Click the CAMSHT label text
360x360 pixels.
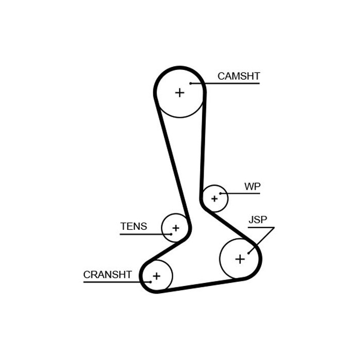coord(239,76)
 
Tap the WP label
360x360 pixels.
coord(253,186)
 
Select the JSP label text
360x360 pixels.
coord(258,220)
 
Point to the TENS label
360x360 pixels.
coord(133,226)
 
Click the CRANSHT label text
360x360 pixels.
coord(107,275)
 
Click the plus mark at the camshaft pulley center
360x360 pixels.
coord(179,93)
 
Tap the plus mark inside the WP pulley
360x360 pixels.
coord(214,199)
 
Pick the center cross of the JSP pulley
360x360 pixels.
coord(240,259)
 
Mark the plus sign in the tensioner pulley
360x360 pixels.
coord(176,228)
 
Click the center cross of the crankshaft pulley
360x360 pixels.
coord(156,276)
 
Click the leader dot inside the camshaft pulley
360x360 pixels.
coord(191,83)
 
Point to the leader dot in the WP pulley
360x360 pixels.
coord(221,193)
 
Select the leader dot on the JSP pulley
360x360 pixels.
coord(248,253)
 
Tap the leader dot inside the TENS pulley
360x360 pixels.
coord(171,234)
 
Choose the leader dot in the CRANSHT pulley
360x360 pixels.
coord(151,282)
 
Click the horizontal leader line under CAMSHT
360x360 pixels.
coord(225,83)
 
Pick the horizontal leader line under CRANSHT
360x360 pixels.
coord(117,282)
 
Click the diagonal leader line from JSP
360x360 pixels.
coord(261,240)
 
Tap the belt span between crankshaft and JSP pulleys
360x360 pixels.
coord(201,285)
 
